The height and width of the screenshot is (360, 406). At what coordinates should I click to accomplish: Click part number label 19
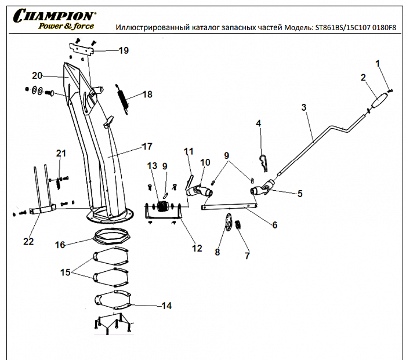123,51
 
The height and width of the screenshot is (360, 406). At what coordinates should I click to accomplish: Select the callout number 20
38,75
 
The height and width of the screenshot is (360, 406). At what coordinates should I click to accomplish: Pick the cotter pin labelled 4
263,163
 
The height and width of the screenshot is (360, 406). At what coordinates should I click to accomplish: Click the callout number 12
197,248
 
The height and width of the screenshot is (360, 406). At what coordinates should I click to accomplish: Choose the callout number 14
166,306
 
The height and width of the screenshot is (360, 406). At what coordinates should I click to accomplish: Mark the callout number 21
61,154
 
